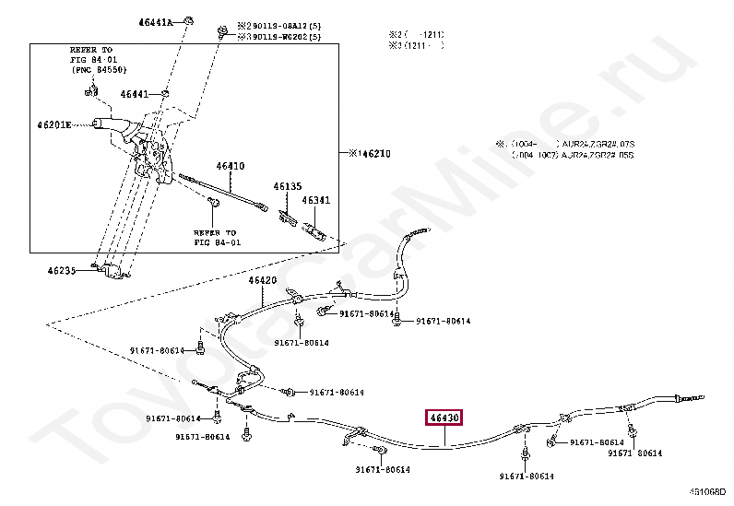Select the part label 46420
262,279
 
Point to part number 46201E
54,124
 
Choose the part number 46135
287,186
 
